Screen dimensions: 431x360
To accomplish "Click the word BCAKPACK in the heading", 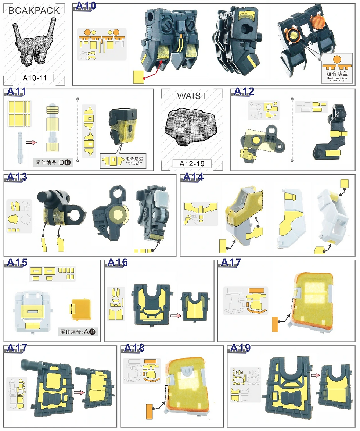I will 34,11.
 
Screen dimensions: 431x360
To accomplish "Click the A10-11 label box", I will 34,78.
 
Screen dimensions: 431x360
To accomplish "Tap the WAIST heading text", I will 192,96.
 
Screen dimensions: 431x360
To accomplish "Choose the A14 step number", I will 193,177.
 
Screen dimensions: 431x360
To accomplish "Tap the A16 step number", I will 117,263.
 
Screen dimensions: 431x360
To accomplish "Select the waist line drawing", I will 192,127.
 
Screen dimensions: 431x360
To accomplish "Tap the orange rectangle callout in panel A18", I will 150,411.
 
